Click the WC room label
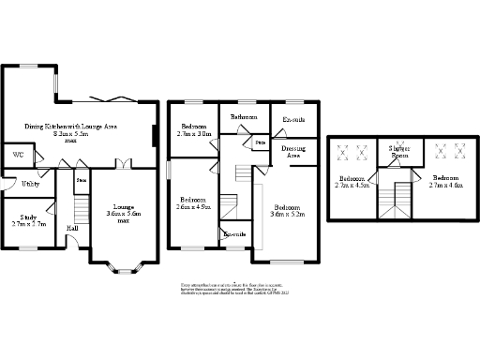pos(18,155)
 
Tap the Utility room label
pos(30,184)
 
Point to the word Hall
pos(72,228)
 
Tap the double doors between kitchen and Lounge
pos(123,164)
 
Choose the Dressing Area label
pos(293,151)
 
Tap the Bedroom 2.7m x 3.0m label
pos(195,130)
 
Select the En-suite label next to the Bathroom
pos(293,120)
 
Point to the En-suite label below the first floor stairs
pos(234,233)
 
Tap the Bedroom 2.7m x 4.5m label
pos(354,182)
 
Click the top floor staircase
pos(401,197)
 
